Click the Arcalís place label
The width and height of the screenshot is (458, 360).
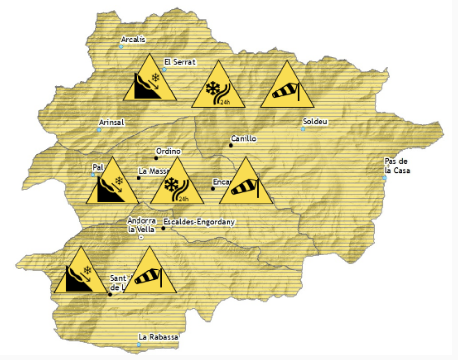(x=134, y=40)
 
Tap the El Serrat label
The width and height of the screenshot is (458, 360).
(x=181, y=62)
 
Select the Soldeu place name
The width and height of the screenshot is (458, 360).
(x=315, y=122)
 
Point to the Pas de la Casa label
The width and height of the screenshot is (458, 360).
(x=397, y=166)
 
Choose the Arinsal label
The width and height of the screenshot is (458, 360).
(x=112, y=122)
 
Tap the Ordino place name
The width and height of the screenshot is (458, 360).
(x=168, y=151)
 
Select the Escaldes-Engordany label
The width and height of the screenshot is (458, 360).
(x=198, y=222)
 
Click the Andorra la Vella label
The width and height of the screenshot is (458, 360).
(x=142, y=225)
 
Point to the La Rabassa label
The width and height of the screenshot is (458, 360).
(x=158, y=337)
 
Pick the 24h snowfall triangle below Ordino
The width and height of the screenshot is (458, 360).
(x=177, y=184)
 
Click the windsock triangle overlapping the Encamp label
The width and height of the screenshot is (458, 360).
(x=246, y=184)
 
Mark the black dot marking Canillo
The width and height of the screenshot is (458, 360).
(x=231, y=145)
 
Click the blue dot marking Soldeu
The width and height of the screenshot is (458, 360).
(x=303, y=129)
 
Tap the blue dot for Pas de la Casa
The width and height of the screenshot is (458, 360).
(x=385, y=178)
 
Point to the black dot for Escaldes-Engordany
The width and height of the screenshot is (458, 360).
(x=163, y=228)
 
